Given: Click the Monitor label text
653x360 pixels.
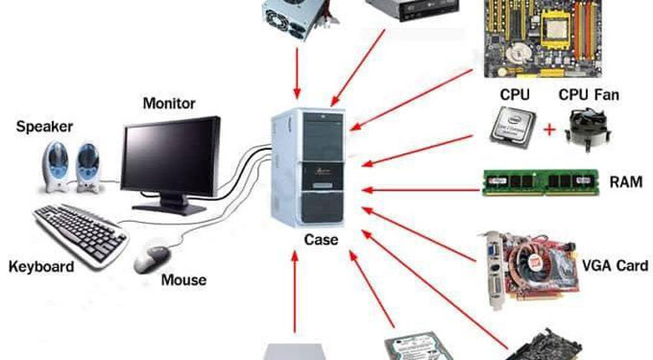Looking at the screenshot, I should (169, 104).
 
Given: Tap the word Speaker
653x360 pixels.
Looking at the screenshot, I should (44, 127).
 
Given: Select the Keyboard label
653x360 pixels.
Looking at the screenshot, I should (41, 267).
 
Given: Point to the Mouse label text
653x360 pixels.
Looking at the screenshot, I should (183, 280).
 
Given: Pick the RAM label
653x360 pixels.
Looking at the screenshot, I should (626, 181).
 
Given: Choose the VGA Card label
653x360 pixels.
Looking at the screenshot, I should (614, 265).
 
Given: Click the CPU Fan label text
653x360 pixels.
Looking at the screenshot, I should (589, 95).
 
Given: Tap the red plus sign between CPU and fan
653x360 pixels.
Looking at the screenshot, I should (549, 130).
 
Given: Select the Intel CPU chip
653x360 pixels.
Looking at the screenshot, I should (512, 130).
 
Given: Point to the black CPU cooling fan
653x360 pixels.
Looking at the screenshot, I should (589, 131).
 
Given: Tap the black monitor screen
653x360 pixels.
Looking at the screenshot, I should (170, 157).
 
